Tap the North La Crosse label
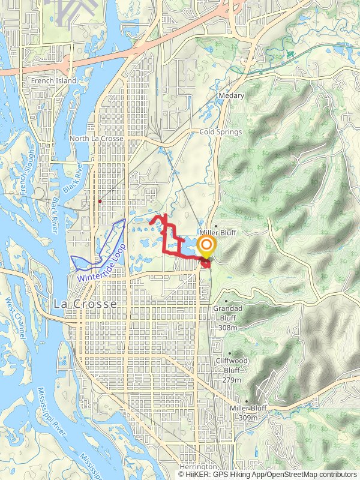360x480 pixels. tap(96, 139)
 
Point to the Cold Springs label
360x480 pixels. tap(220, 132)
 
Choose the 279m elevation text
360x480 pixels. tap(231, 380)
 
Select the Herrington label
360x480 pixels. tap(198, 467)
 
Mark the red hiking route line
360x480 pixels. tap(165, 240)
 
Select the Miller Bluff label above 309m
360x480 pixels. tap(248, 409)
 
